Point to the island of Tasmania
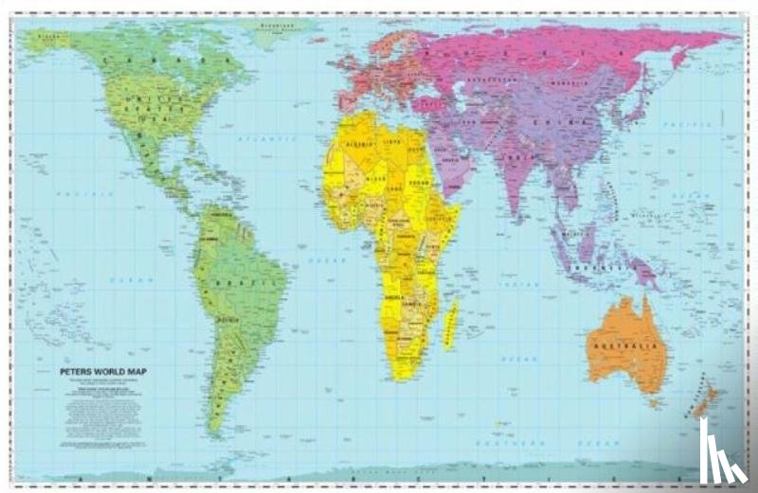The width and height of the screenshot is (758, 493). pos(655,404)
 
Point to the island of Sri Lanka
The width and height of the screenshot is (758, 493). pos(524,220)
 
